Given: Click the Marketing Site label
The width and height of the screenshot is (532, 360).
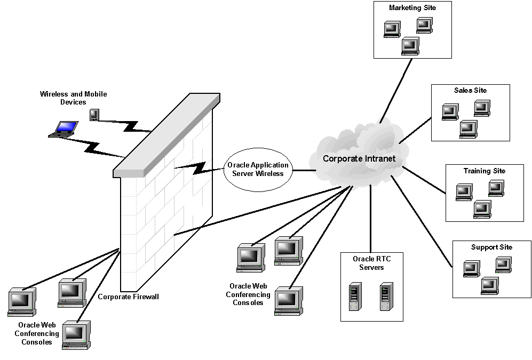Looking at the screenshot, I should tap(412, 8).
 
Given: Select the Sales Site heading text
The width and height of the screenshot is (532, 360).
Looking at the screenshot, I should tap(470, 91).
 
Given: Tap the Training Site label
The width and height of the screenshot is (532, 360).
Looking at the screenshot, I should tap(484, 171).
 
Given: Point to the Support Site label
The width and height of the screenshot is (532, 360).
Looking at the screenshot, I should tap(491, 247).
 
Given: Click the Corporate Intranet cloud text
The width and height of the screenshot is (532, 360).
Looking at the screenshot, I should tap(359, 159).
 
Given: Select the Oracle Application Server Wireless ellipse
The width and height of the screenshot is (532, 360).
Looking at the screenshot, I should tap(258, 170).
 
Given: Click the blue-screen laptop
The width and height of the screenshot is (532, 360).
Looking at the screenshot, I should tap(64, 129).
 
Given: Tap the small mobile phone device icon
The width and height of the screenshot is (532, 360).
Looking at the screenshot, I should tap(94, 114).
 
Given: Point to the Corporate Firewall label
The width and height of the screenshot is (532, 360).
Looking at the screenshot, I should tap(128, 297).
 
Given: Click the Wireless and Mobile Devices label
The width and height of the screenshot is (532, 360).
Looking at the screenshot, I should tap(73, 98).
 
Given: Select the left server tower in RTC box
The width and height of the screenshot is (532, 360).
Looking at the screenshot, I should tap(353, 298).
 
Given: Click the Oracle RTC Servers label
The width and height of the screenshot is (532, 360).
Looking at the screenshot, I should tap(371, 263).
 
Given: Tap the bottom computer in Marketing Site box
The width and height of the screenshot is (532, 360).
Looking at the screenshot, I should tap(410, 46).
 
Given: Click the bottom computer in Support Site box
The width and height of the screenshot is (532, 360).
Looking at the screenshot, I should tap(489, 286).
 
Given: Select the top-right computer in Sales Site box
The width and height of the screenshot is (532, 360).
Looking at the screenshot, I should tap(482, 108).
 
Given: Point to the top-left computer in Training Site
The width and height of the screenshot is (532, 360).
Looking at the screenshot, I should tap(464, 191).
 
